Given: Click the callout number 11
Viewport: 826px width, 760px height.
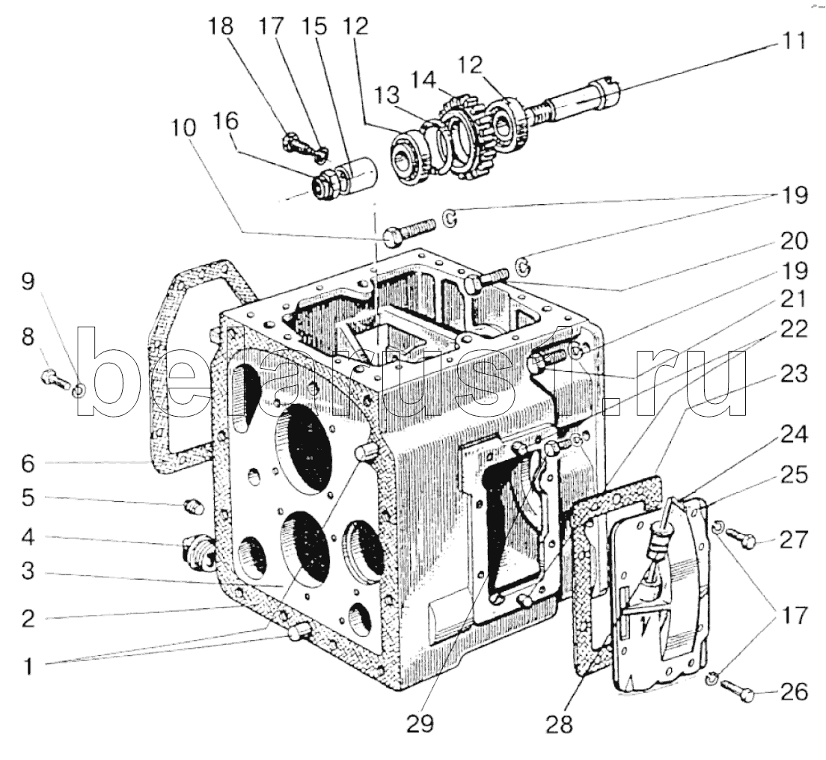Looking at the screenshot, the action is click(792, 40).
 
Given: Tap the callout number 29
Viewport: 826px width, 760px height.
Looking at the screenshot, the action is click(420, 723).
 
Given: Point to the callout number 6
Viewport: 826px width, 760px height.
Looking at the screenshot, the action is click(28, 464).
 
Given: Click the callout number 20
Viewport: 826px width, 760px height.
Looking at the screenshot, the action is click(793, 242).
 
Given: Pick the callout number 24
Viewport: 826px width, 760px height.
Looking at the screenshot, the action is click(793, 435).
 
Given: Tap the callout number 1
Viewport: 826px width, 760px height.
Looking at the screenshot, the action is click(28, 666).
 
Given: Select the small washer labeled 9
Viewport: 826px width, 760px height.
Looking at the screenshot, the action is click(78, 390).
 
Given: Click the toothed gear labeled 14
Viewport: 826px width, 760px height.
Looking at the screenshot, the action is click(464, 137).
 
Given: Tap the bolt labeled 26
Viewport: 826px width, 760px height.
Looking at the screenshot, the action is click(737, 690).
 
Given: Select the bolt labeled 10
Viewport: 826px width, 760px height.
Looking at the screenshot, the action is click(409, 232).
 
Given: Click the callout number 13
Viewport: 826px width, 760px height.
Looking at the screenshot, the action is click(388, 96).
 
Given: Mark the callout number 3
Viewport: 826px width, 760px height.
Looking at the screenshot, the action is click(28, 571).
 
